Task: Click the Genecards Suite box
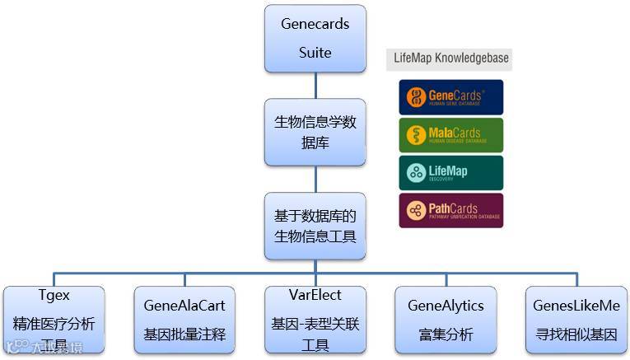point(315,38)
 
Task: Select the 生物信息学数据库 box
point(315,132)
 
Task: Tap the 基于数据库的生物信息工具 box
point(315,226)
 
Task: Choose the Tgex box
point(54,320)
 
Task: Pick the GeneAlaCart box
point(184,320)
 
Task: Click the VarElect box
point(315,320)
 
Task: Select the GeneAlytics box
point(446,320)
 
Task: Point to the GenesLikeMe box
point(576,320)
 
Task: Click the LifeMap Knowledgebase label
point(448,58)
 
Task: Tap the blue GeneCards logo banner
point(450,97)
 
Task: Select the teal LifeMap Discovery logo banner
point(450,173)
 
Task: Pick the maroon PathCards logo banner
point(450,211)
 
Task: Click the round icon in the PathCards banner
point(416,211)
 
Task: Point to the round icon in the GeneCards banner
point(416,97)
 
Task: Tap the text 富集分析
point(446,334)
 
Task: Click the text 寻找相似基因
point(576,334)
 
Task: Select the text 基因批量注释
point(184,334)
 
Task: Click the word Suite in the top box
point(315,53)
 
